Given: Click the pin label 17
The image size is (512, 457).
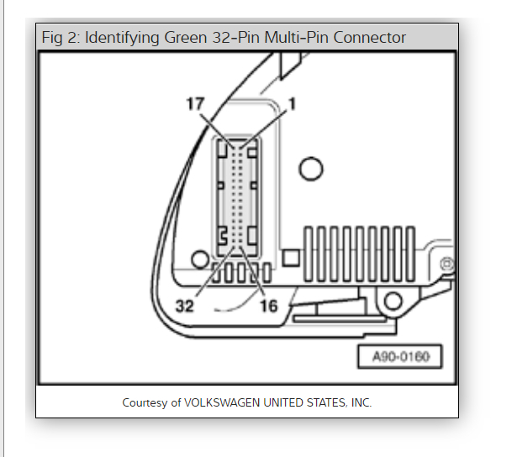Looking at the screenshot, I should [x=195, y=104].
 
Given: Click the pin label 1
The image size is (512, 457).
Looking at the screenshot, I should [x=293, y=103].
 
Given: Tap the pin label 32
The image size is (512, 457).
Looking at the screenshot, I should [x=185, y=307].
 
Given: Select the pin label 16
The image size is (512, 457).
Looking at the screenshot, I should [x=268, y=307].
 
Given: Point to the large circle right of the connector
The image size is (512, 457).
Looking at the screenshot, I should [x=311, y=169].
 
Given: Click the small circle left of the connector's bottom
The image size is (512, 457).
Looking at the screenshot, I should [x=200, y=256].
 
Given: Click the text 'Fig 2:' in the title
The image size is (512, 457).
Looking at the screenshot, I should [x=61, y=38].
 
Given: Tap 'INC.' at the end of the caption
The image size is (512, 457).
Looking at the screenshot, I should [x=360, y=402].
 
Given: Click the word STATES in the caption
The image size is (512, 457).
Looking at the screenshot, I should [x=322, y=402].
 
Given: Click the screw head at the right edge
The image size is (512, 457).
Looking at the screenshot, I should [x=447, y=265].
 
